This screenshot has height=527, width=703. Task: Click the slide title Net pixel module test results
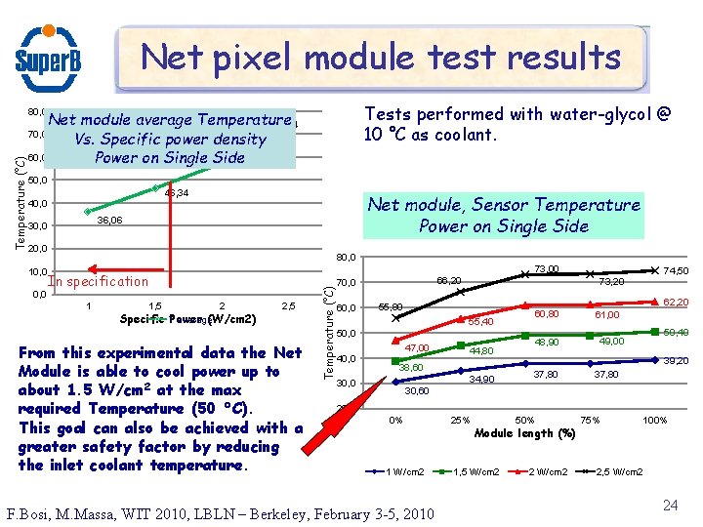coord(381,58)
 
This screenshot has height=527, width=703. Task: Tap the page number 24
coord(670,505)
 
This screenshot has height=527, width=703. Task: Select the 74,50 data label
coord(677,271)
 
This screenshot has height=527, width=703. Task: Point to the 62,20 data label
coord(677,303)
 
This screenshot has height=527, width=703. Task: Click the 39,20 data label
coord(677,360)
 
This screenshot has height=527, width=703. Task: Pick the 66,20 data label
coord(449,280)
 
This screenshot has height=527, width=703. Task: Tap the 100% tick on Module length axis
coord(654,420)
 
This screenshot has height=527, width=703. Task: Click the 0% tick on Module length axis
coord(395,420)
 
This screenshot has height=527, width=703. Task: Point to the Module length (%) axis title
coord(524,433)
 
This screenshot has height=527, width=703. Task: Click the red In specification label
coord(99,281)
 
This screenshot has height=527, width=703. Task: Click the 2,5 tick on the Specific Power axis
coord(289,305)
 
